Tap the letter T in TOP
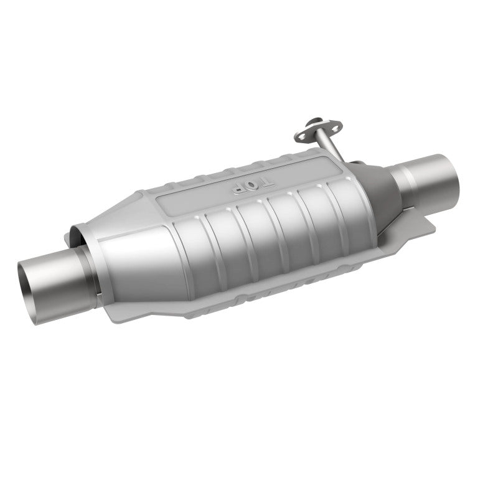(266, 182)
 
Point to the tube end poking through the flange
(308, 126)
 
